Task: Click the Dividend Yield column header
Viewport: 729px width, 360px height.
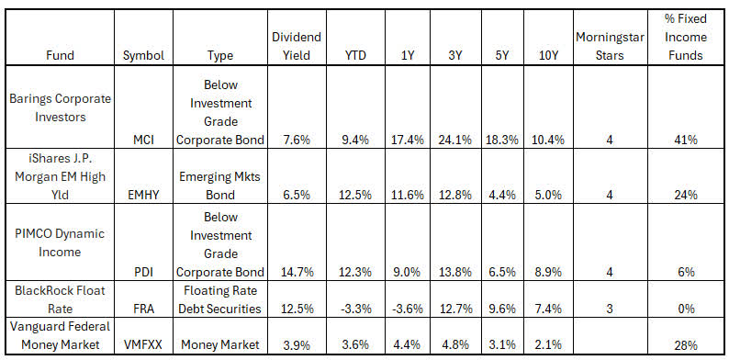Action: click(296, 45)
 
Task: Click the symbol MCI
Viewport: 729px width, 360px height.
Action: click(142, 140)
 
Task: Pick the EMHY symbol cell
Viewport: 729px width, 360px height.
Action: click(142, 195)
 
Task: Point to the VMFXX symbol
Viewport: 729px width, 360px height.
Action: click(142, 344)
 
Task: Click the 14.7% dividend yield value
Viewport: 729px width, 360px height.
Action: click(296, 272)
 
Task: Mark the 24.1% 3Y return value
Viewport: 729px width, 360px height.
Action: click(455, 140)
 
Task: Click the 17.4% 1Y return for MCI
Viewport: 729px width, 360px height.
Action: click(405, 140)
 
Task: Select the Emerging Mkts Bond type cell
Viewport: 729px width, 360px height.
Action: click(219, 186)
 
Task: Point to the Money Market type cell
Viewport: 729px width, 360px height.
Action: click(219, 344)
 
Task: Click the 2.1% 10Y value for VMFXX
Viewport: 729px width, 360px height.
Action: click(551, 344)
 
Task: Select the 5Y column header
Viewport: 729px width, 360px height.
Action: click(503, 54)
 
